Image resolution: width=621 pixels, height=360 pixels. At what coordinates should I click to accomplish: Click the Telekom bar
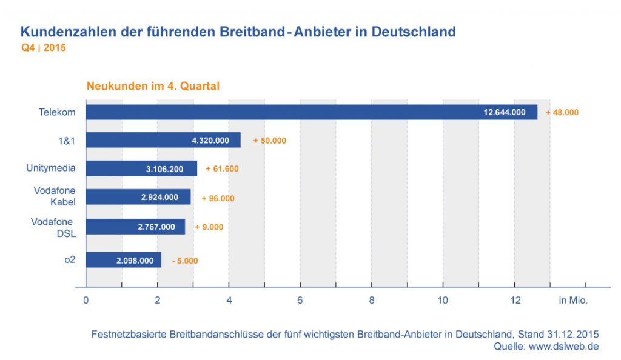[x=311, y=112]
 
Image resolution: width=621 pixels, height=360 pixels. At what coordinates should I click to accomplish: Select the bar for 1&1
[x=163, y=140]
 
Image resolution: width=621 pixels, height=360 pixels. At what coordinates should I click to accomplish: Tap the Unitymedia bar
[x=141, y=168]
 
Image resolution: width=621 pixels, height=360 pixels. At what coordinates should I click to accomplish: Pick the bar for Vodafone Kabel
[x=138, y=198]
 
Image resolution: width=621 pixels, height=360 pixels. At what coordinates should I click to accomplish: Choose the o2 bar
[x=123, y=261]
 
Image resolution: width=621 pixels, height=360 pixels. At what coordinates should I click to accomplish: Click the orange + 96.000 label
[x=218, y=198]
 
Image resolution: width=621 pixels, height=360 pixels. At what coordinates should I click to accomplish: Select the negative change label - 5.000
[x=184, y=261]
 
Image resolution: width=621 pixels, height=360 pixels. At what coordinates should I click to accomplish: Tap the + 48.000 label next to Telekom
[x=562, y=112]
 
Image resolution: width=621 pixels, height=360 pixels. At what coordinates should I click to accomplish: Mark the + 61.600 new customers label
[x=222, y=169]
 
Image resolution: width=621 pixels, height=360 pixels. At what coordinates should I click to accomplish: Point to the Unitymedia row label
[x=51, y=168]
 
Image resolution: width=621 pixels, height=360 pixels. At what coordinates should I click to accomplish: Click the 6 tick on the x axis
[x=300, y=300]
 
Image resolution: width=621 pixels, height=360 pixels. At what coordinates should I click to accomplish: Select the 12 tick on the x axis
[x=514, y=300]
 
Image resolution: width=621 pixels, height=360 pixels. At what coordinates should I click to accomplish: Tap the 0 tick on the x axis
[x=86, y=300]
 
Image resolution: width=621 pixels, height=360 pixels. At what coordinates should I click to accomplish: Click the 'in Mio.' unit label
[x=573, y=300]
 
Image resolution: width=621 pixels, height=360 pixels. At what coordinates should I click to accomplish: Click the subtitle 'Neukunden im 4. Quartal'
[x=153, y=86]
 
